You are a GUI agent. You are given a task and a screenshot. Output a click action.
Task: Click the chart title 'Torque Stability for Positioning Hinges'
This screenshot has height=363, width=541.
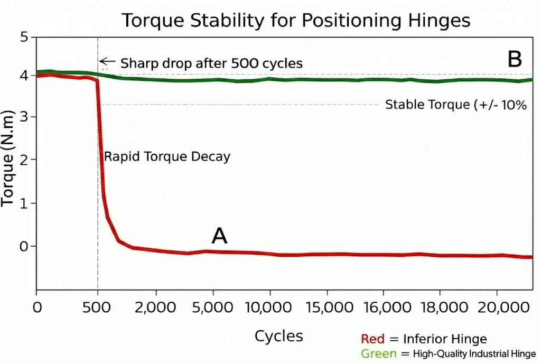coord(296,21)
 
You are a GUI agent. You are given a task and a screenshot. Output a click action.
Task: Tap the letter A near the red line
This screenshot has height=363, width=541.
coord(219,236)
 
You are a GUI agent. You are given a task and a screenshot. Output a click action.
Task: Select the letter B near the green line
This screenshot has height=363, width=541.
coord(515,60)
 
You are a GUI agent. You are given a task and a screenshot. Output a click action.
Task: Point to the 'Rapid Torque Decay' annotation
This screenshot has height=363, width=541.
coord(167,157)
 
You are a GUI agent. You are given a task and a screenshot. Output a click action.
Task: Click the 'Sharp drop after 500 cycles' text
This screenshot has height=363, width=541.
coord(212,63)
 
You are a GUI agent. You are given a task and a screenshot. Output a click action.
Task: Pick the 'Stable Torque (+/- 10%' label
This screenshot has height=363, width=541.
coord(456,105)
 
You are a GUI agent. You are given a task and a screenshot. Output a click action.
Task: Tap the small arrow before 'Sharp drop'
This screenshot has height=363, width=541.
coord(107,61)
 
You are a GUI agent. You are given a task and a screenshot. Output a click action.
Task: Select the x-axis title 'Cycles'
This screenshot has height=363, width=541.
coord(279,336)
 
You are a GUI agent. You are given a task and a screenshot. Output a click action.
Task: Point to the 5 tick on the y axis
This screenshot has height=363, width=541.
coord(23,38)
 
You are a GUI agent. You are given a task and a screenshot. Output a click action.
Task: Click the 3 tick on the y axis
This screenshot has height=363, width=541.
coord(23,117)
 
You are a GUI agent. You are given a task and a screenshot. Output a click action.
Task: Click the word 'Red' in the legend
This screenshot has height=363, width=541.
coord(372,339)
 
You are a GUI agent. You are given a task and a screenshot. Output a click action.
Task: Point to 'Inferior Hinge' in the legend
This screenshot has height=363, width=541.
coord(445,339)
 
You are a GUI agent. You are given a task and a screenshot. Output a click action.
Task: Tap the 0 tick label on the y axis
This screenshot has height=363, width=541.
coord(23,246)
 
